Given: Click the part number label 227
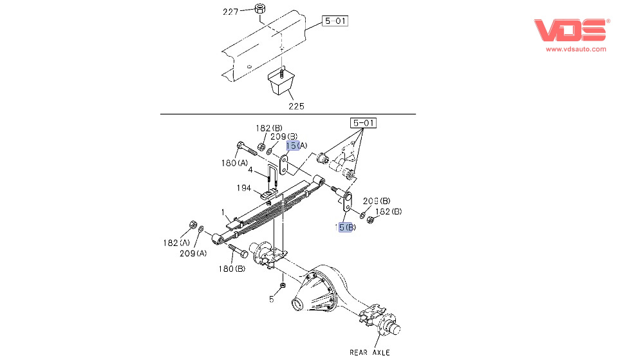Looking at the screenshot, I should [x=230, y=12].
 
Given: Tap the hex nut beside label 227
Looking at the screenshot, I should [x=260, y=9].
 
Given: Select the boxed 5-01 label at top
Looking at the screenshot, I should [x=335, y=21].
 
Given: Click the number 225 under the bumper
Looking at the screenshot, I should [x=296, y=106].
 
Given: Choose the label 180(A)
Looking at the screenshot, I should [x=234, y=163].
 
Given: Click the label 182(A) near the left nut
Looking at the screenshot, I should [x=176, y=243].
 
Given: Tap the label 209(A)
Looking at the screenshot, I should [x=193, y=253].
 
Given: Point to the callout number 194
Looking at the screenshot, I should [x=245, y=189].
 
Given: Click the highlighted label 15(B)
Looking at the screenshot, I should [x=345, y=227].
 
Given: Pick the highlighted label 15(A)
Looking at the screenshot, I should [x=297, y=146].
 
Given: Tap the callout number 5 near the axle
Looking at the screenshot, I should [x=272, y=299].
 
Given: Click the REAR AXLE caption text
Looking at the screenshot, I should [x=370, y=352].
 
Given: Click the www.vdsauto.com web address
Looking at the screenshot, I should [x=576, y=49].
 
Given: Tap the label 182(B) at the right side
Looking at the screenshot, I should [x=388, y=211].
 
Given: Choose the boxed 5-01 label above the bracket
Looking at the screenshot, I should [x=363, y=122].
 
